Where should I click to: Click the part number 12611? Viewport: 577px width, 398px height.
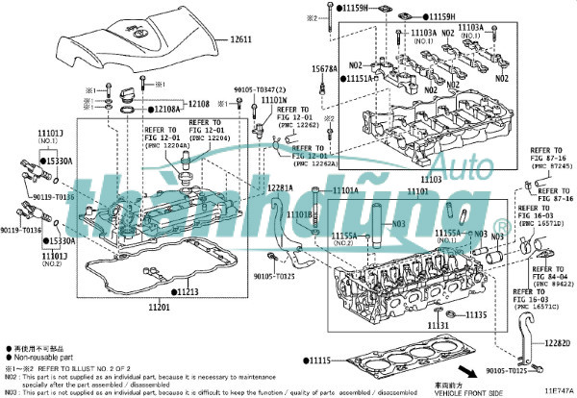(239, 40)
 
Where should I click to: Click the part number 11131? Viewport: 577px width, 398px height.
(439, 326)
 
